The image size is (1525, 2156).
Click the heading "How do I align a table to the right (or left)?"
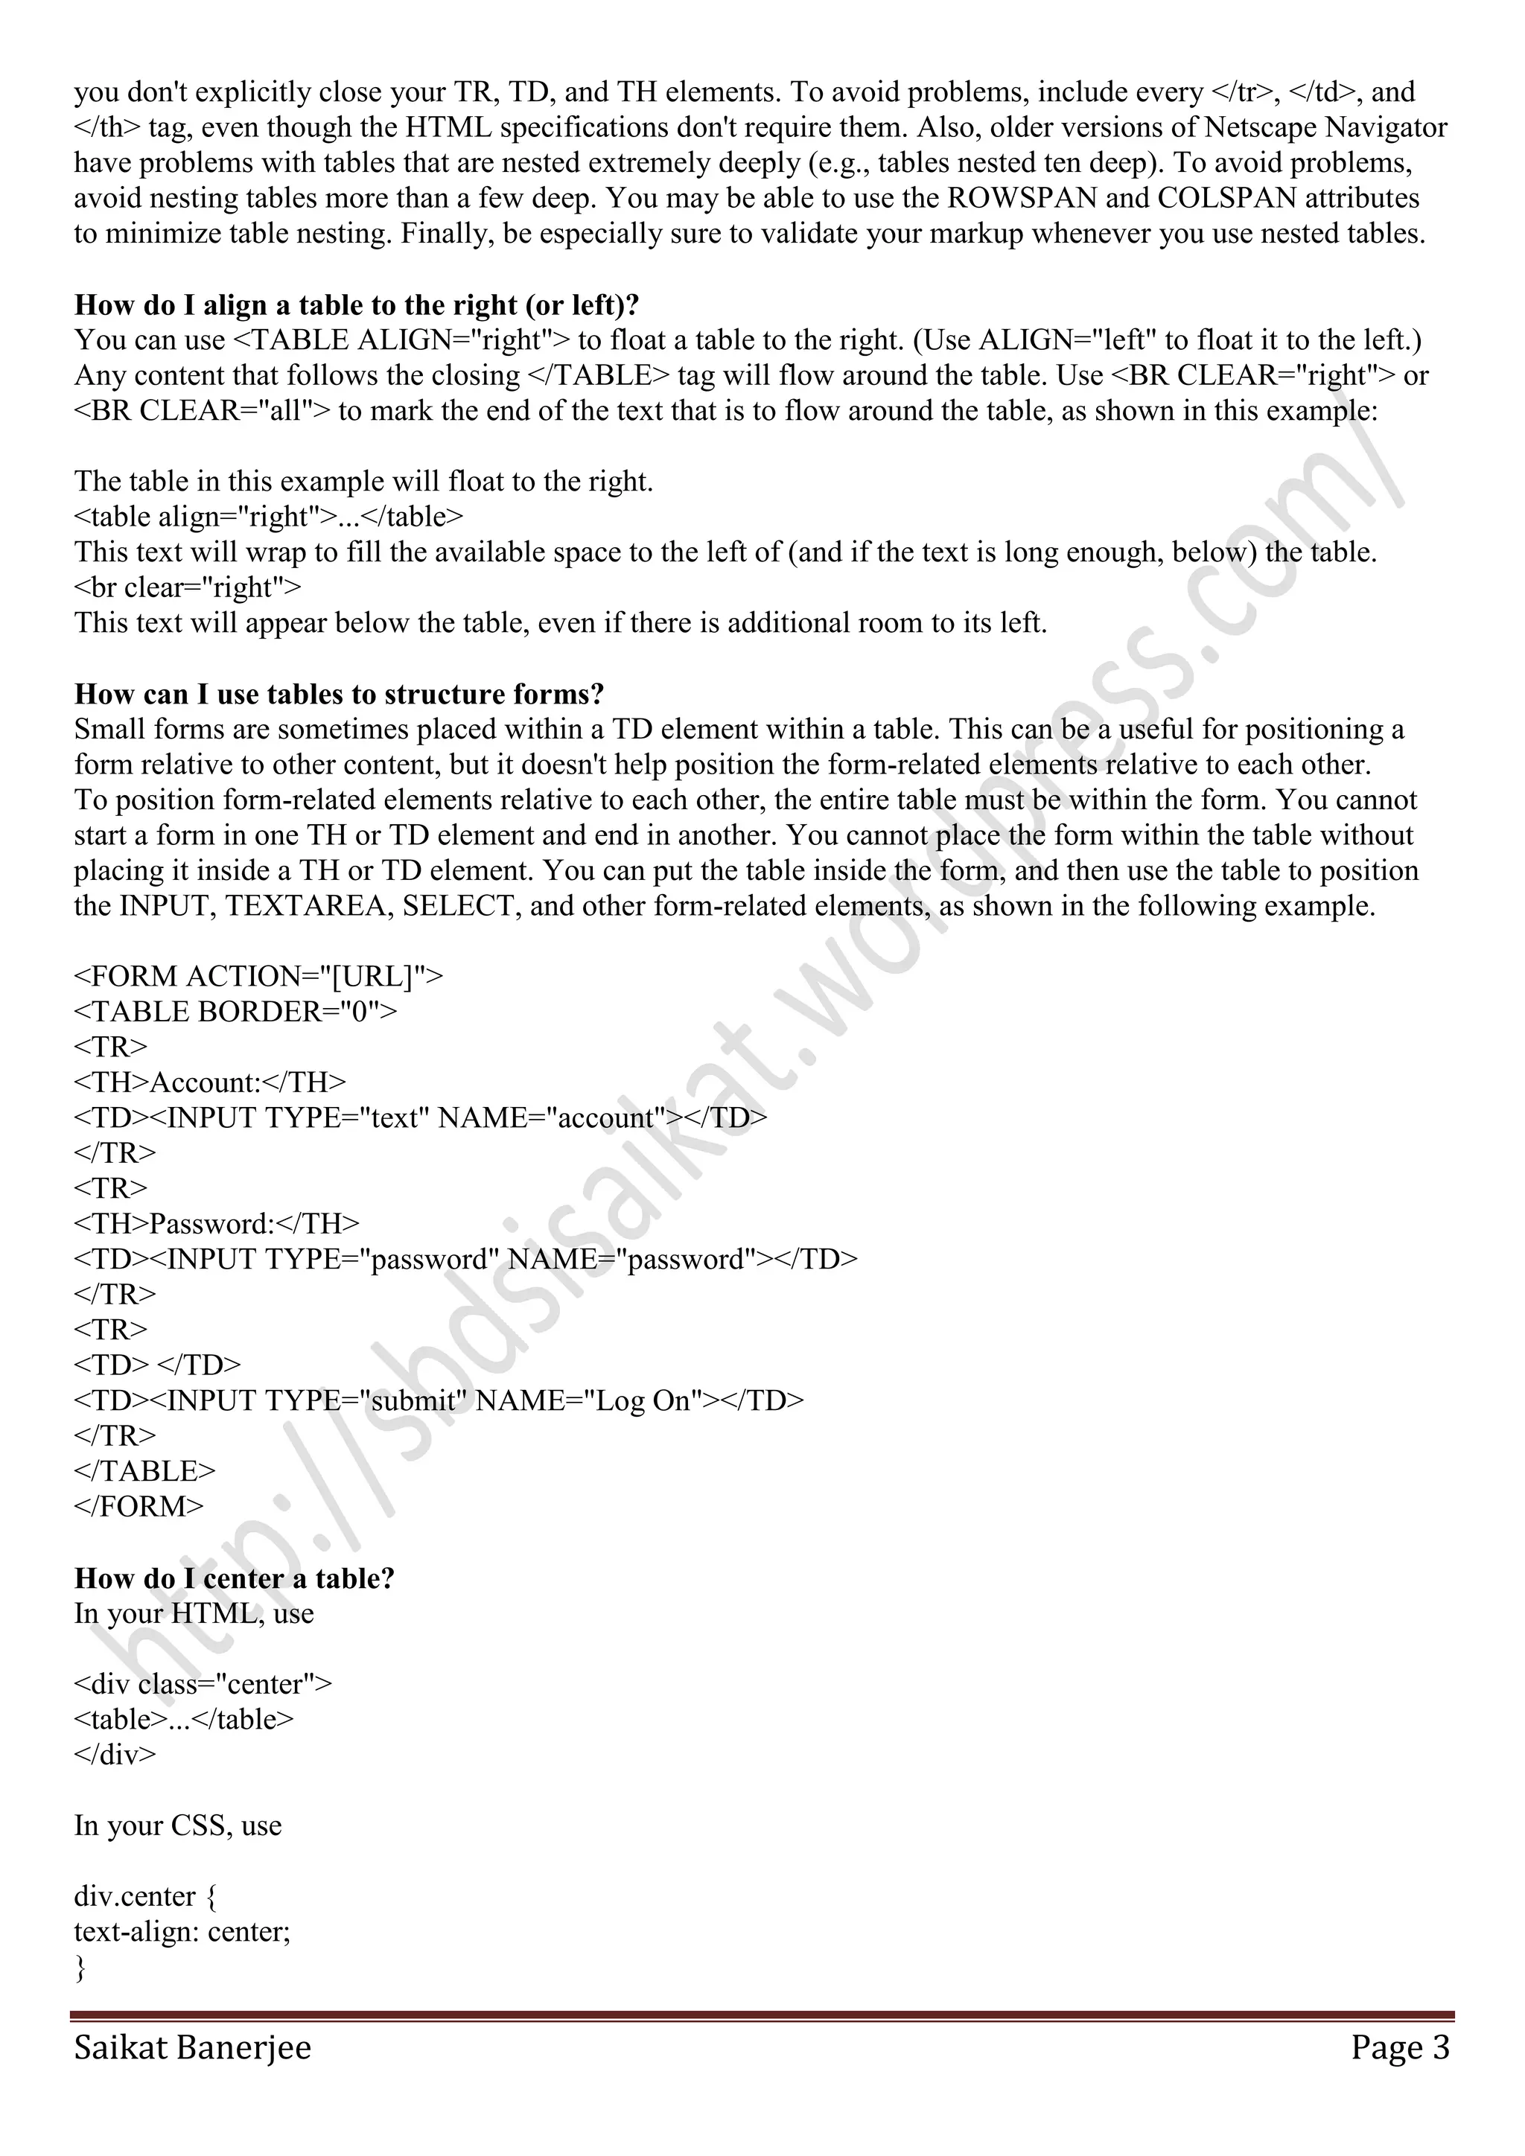tap(357, 305)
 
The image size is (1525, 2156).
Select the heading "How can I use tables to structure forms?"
tap(339, 694)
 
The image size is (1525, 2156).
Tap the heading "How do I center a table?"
tap(234, 1578)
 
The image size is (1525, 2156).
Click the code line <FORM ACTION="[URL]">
tap(258, 977)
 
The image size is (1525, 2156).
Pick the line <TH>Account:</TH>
tap(209, 1082)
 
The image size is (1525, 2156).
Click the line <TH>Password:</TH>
tap(217, 1224)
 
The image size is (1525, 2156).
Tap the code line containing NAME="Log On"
tap(439, 1400)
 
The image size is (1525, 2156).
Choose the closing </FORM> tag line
tap(139, 1506)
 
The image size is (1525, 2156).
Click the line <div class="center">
tap(203, 1684)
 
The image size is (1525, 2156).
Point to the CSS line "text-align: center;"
tap(182, 1932)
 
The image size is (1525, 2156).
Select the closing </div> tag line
tap(115, 1754)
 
